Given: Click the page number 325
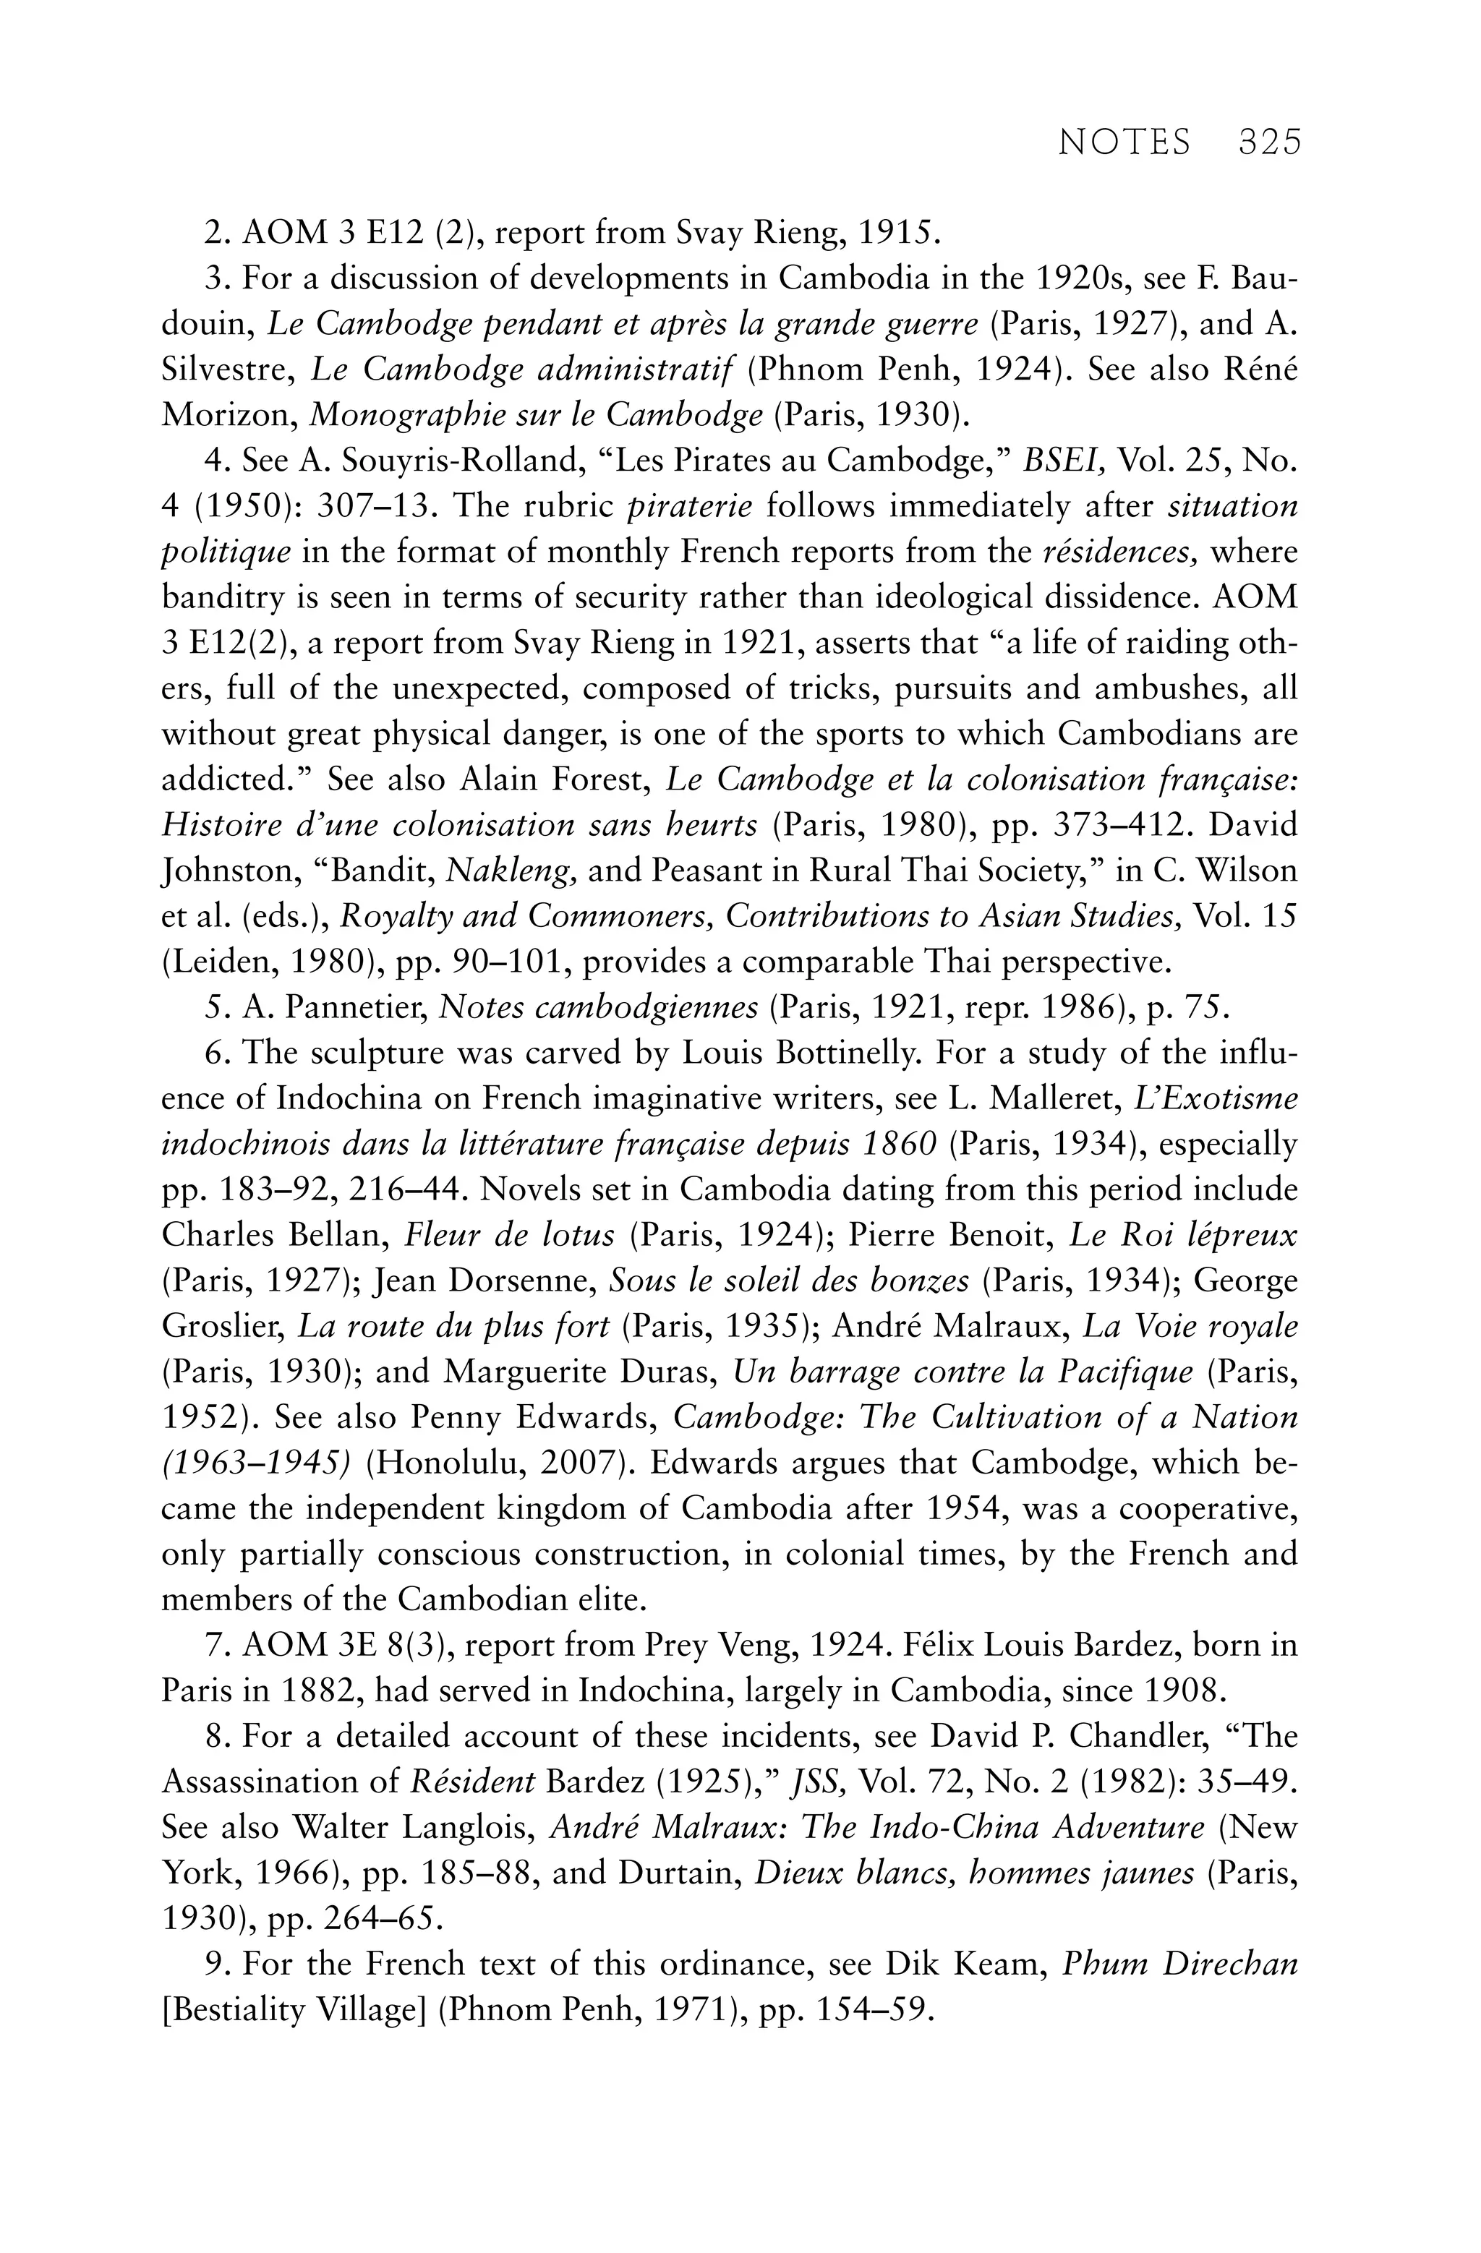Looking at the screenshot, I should click(x=1270, y=142).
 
